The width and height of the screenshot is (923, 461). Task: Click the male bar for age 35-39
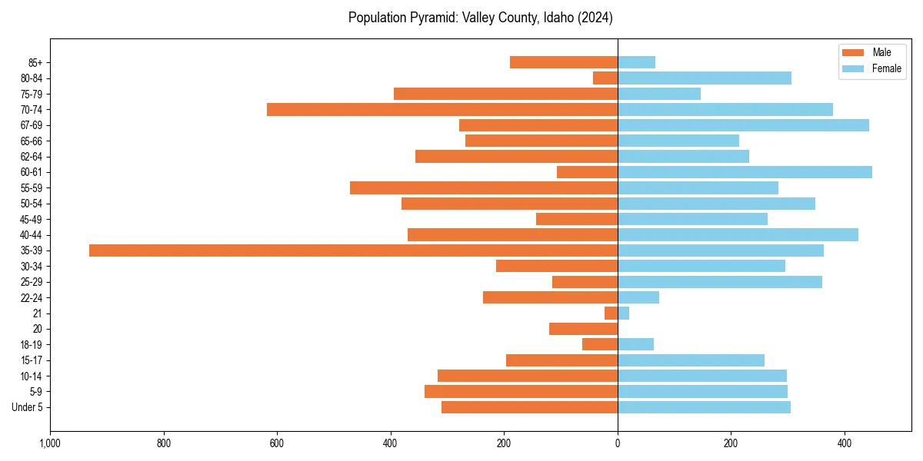click(x=353, y=250)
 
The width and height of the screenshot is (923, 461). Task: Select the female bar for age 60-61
click(x=745, y=172)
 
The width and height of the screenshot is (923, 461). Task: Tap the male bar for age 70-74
click(x=442, y=110)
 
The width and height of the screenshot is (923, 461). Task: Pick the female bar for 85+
click(x=636, y=62)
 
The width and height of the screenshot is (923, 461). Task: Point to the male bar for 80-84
click(x=605, y=78)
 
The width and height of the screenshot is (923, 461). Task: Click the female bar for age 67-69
click(x=743, y=125)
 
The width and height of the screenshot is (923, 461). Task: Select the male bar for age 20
click(x=583, y=329)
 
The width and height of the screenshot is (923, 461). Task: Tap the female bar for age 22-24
click(x=638, y=297)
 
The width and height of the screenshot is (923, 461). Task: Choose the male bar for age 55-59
click(x=484, y=188)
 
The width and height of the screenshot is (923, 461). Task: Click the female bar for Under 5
click(x=704, y=407)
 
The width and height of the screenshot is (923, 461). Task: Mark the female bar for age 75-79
click(x=659, y=94)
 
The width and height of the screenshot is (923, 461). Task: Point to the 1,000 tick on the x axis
click(x=50, y=443)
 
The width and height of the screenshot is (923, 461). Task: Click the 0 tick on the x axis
click(x=618, y=443)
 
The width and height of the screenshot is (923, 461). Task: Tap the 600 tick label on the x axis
click(x=277, y=443)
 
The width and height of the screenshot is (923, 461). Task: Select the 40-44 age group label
click(x=31, y=235)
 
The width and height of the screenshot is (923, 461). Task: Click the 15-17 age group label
click(x=31, y=360)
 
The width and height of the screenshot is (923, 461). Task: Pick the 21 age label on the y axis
click(x=37, y=313)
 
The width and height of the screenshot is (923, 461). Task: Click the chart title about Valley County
click(x=480, y=18)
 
